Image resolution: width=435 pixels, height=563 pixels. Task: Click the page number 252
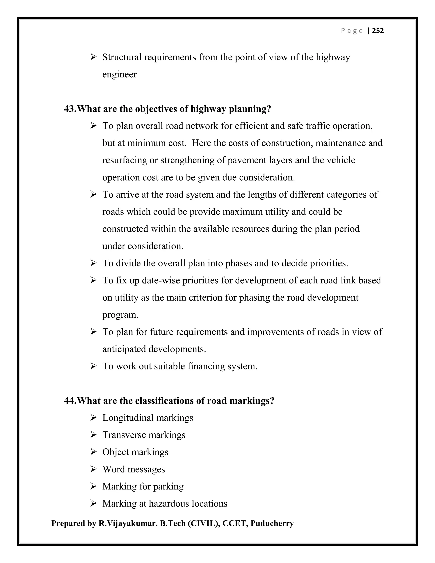[x=378, y=31]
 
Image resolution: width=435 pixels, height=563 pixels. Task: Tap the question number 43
[x=70, y=109]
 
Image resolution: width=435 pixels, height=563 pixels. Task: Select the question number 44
[x=70, y=401]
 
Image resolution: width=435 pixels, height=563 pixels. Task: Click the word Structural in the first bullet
[x=122, y=57]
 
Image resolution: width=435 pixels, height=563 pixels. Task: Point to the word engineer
[x=119, y=75]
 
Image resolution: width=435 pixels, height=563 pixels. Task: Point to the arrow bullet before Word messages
[x=93, y=469]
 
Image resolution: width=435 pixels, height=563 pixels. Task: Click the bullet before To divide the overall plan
[x=93, y=263]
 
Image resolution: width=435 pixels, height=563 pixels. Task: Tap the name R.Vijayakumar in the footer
[x=128, y=523]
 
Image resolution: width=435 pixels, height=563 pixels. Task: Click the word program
[x=120, y=315]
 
